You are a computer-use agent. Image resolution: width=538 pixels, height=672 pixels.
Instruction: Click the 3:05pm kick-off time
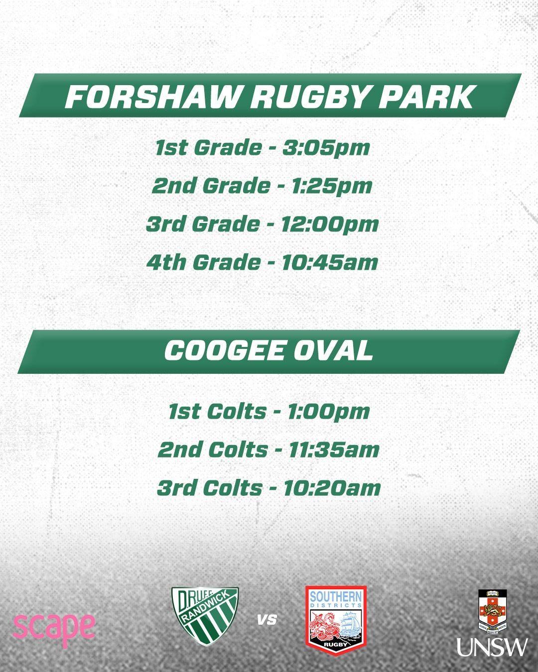[326, 148]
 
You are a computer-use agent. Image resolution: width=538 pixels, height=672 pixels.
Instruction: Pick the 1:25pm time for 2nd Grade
[331, 186]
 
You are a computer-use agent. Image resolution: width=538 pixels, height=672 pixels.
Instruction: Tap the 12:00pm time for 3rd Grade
[329, 224]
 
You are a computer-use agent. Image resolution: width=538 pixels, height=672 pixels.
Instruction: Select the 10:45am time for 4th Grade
[329, 262]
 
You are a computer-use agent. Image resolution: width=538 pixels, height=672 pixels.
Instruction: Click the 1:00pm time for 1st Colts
[328, 412]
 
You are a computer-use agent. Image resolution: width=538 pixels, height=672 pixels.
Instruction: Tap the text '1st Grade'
[208, 148]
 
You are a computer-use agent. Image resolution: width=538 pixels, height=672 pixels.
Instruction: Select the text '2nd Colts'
[213, 450]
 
